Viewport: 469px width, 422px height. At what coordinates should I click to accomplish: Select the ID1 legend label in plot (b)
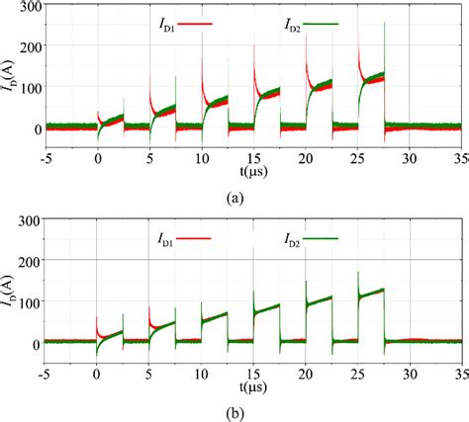165,237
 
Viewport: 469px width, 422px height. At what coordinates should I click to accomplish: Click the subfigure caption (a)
234,197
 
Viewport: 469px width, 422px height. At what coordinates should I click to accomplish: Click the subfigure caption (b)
234,411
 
